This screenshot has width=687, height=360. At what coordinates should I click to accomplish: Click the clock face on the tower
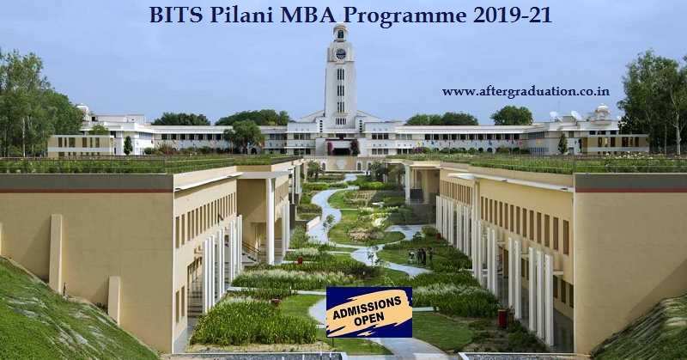coord(340,53)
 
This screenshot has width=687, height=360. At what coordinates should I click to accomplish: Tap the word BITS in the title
coord(173,15)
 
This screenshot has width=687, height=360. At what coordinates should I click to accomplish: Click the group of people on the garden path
coord(420,255)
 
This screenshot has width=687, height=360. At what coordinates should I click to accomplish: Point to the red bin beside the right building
coord(503,319)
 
